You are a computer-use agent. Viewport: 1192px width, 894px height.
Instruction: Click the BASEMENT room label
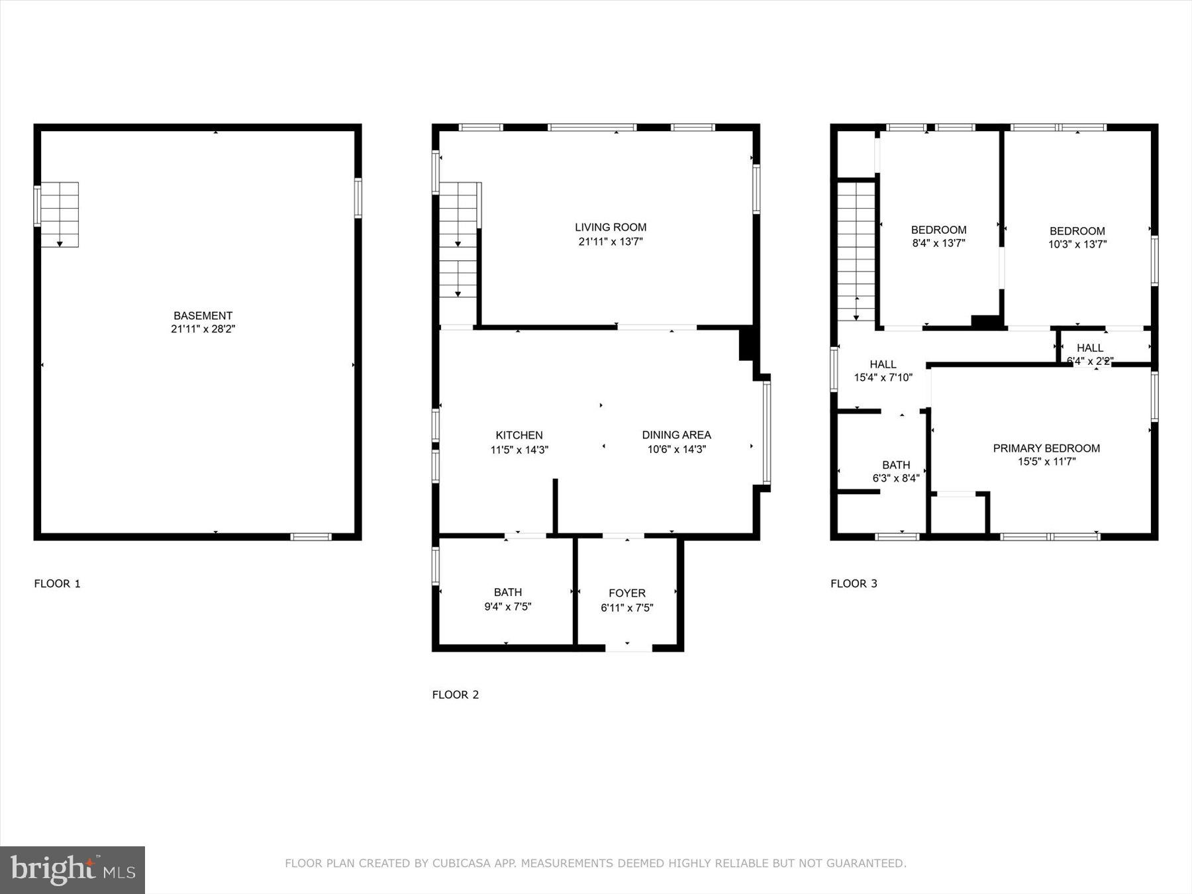click(203, 316)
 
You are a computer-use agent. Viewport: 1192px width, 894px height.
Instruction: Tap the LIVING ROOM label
click(610, 227)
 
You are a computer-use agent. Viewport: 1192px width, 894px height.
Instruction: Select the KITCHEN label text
click(519, 435)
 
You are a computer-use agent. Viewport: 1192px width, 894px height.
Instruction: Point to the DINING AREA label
click(676, 435)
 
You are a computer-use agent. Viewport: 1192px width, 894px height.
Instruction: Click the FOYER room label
click(626, 593)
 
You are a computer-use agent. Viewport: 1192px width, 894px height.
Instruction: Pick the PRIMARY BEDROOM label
click(1046, 448)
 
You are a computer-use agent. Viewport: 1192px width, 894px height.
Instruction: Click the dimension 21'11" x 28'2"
click(203, 329)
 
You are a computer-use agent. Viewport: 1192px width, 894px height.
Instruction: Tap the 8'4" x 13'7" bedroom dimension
click(938, 244)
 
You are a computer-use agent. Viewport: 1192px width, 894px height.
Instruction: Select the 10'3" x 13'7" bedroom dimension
click(1077, 244)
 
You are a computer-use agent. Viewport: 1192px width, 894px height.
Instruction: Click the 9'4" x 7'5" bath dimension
click(508, 607)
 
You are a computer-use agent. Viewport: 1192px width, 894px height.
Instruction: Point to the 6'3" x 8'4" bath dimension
click(896, 478)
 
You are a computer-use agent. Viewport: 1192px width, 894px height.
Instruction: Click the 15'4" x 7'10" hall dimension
click(883, 378)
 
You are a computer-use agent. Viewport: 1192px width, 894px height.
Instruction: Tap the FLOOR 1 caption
click(57, 583)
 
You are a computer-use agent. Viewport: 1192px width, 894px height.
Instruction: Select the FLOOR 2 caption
click(455, 695)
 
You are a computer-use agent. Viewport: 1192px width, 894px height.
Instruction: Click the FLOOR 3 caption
click(854, 583)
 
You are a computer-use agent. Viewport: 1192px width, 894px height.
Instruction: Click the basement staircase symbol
click(60, 215)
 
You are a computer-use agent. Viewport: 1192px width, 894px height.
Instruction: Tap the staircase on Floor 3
click(856, 252)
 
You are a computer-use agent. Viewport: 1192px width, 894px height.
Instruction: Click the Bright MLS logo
click(72, 869)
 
